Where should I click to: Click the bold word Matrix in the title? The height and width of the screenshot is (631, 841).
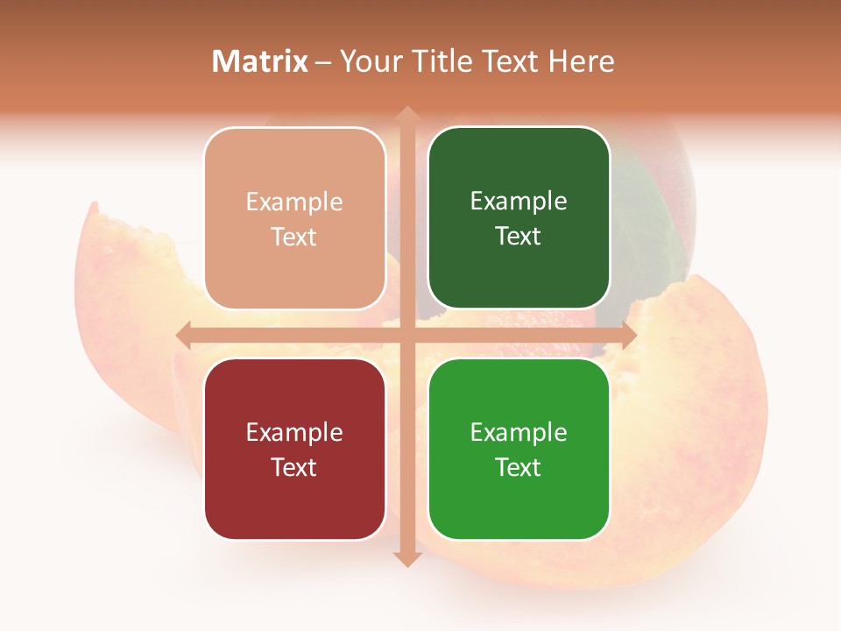pyautogui.click(x=260, y=61)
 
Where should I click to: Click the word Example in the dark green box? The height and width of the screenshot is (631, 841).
pyautogui.click(x=519, y=202)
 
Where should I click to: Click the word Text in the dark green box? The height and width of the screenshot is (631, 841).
pyautogui.click(x=519, y=237)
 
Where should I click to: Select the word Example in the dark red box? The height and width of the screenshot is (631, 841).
pyautogui.click(x=294, y=432)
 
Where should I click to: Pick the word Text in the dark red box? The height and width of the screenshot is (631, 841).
pyautogui.click(x=294, y=467)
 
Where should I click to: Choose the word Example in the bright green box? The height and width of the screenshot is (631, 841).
pyautogui.click(x=519, y=432)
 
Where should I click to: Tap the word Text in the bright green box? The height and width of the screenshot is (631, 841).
pyautogui.click(x=519, y=467)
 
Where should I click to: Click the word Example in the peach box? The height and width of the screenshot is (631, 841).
pyautogui.click(x=294, y=202)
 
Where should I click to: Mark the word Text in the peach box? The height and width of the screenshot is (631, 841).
pyautogui.click(x=294, y=238)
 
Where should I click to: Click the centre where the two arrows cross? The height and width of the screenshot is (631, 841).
pyautogui.click(x=406, y=335)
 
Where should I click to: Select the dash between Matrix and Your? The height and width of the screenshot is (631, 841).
pyautogui.click(x=323, y=62)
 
